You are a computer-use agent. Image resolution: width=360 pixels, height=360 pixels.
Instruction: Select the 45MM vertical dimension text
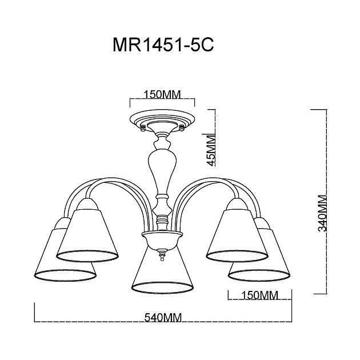211,150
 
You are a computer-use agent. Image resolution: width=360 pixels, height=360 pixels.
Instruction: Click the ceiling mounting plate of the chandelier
162,121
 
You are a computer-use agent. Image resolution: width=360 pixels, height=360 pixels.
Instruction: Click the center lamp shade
162,269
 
